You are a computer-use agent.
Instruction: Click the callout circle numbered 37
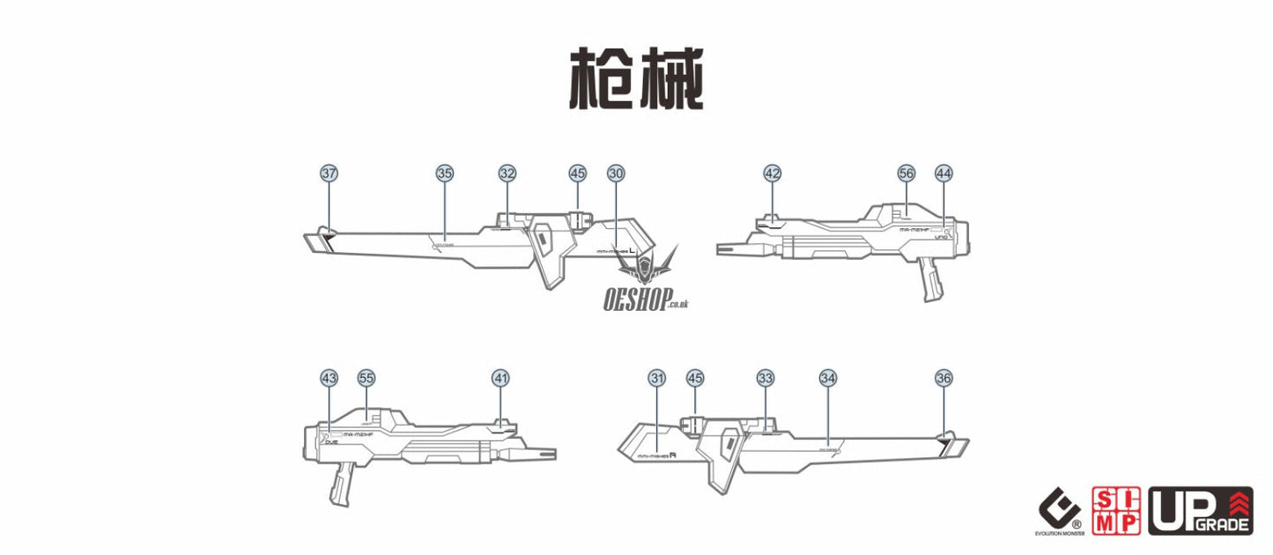329,174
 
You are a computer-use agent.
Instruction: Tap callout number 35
444,174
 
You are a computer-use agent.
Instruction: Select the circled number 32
507,174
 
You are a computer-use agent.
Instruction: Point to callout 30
616,174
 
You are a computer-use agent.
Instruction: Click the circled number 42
773,174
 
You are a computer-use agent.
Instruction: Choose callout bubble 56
907,174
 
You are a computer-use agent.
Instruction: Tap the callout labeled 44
944,174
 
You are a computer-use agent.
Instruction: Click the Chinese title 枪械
636,79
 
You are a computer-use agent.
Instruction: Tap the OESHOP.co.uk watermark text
634,300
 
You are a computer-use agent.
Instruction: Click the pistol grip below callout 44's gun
928,279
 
